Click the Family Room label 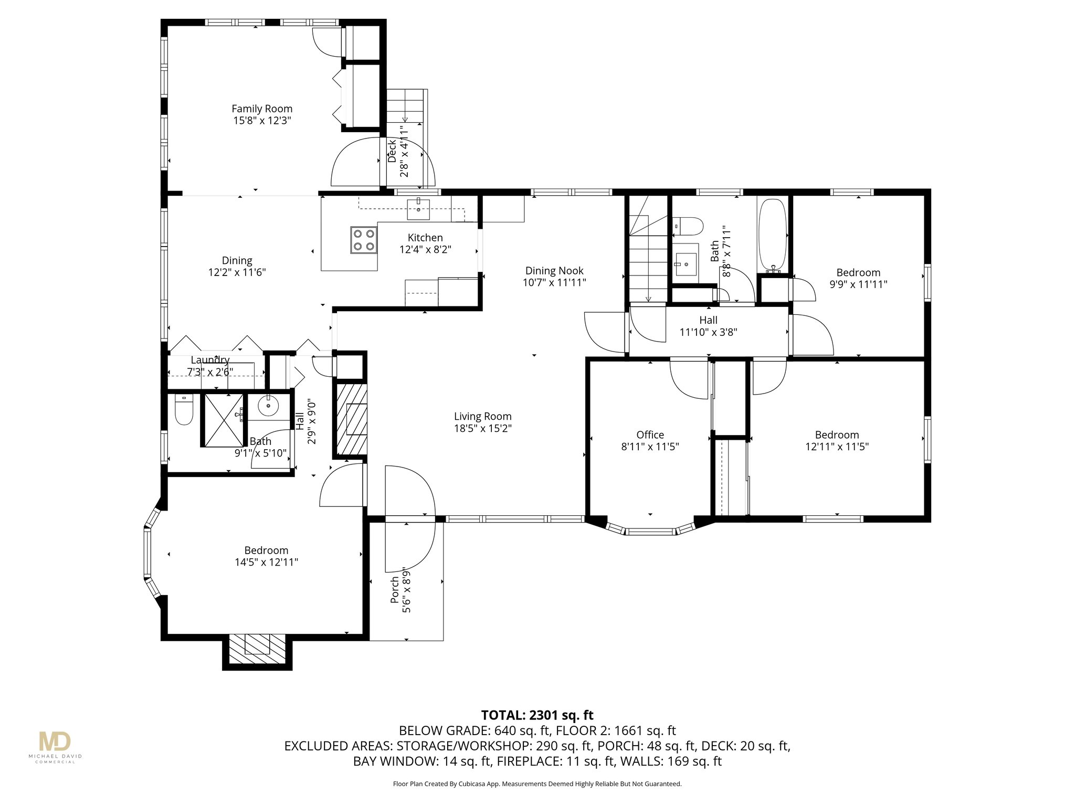(x=262, y=109)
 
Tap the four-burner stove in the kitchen (x=364, y=240)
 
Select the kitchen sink (x=418, y=209)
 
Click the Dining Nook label (x=554, y=271)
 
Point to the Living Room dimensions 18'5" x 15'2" (x=483, y=428)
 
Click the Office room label (x=650, y=434)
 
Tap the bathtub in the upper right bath (x=772, y=235)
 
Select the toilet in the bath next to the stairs (x=688, y=226)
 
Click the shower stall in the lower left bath (x=224, y=420)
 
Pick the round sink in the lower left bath (x=269, y=405)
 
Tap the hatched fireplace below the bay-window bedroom (x=257, y=651)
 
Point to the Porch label (x=395, y=590)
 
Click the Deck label (x=392, y=151)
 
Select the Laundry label (x=210, y=360)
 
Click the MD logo (x=55, y=741)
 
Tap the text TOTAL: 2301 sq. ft (x=537, y=715)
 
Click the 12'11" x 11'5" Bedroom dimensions (x=837, y=447)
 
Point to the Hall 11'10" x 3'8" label (x=708, y=326)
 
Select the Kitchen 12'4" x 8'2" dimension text (x=425, y=250)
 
